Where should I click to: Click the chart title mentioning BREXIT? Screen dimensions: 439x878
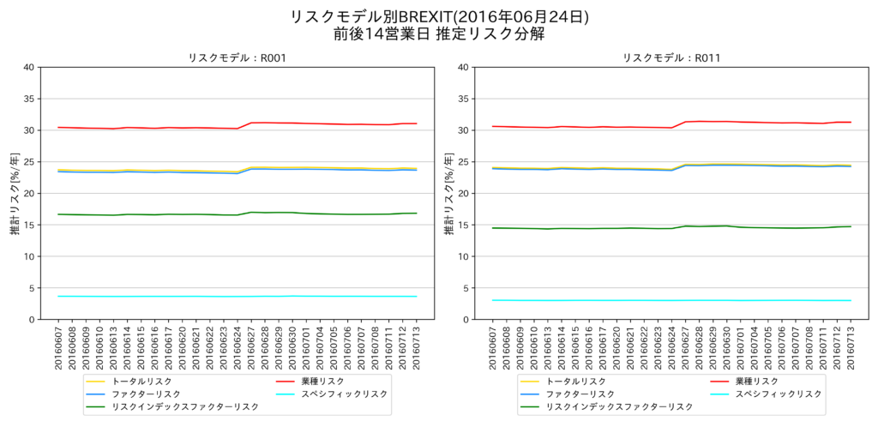439,16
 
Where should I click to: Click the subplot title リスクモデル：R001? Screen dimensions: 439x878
237,58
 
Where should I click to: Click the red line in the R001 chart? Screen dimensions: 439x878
154,128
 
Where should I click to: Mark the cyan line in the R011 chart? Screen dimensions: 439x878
669,300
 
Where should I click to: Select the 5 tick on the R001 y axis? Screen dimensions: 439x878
32,288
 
